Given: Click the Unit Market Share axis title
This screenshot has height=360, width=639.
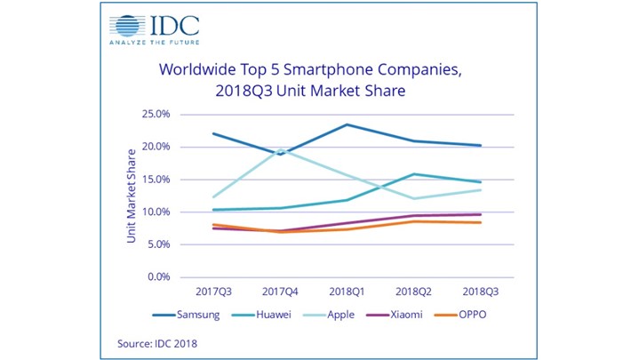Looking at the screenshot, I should [x=132, y=196].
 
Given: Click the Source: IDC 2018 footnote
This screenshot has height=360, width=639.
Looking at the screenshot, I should [x=156, y=342].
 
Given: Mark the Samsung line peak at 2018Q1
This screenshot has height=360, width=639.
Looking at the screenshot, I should [x=347, y=124].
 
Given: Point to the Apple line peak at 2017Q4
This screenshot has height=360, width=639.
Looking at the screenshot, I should [x=282, y=149].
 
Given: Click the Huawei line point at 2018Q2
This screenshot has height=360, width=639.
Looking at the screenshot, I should [x=414, y=174].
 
